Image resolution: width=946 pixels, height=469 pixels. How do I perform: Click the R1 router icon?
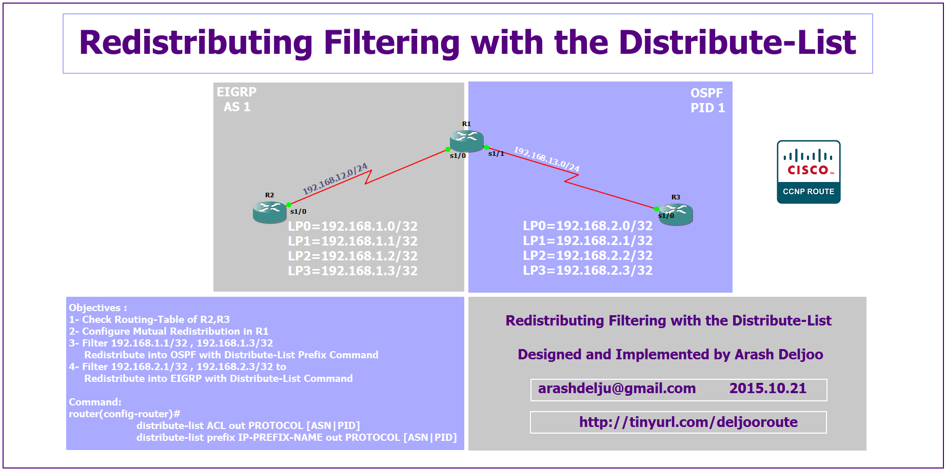point(466,140)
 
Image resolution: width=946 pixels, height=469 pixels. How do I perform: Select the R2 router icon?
point(270,212)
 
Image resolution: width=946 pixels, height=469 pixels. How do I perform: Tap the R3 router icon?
point(676,214)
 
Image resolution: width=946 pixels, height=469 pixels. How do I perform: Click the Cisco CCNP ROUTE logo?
point(809,172)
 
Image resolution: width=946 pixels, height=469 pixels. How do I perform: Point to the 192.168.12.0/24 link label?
point(335,179)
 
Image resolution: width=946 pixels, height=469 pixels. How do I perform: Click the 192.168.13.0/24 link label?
point(547,159)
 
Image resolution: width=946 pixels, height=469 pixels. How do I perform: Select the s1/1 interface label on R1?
point(496,153)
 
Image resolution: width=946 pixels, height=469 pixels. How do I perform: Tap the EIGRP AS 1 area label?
point(236,99)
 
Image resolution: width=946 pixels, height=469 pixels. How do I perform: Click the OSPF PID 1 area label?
point(707,100)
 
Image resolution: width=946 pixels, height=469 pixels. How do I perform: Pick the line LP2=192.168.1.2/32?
point(353,256)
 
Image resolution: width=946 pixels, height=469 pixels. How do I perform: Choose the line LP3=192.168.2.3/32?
point(588,270)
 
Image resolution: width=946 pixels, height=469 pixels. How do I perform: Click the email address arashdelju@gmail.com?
point(617,389)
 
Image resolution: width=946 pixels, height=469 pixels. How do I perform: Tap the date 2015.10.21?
point(768,389)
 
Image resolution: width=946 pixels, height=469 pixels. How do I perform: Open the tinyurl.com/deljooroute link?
point(688,422)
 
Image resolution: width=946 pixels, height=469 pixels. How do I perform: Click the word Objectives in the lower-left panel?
point(94,308)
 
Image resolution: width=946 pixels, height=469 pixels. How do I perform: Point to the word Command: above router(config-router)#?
point(95,402)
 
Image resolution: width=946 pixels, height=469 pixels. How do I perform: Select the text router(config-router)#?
point(125,414)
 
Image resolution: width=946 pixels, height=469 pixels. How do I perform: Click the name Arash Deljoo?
point(779,354)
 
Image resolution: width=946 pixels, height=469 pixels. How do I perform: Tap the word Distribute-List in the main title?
point(738,42)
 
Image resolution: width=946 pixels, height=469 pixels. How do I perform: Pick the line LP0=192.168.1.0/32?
point(353,226)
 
